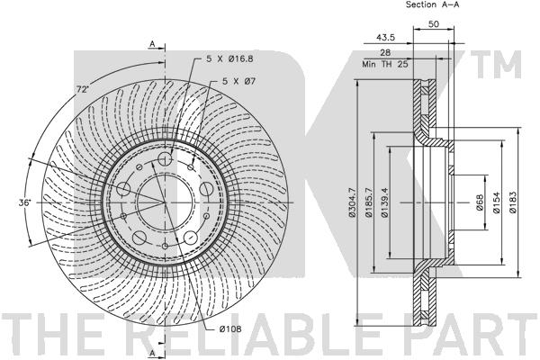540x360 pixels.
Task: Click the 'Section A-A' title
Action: pos(432,4)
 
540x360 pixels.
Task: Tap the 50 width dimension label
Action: pos(434,24)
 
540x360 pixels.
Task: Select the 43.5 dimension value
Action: pos(385,38)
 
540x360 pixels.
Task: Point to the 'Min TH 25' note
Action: pos(385,64)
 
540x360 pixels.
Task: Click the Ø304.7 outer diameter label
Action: pos(352,202)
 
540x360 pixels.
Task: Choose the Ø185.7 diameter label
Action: pos(369,202)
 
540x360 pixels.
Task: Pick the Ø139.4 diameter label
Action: pos(384,202)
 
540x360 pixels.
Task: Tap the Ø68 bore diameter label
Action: pos(480,202)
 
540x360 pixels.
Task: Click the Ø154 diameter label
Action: pos(496,202)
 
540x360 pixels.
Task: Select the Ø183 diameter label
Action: pos(513,202)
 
